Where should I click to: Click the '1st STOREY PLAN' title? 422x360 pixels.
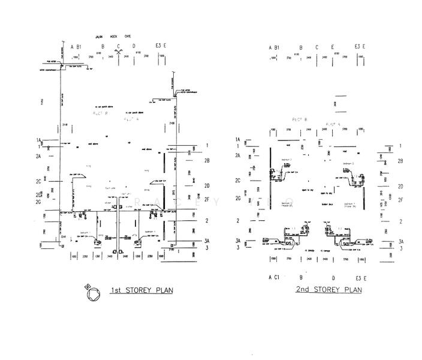141,291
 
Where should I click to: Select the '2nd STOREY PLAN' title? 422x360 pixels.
329,290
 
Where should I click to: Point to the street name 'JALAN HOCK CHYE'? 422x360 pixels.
118,35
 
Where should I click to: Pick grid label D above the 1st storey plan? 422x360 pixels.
134,46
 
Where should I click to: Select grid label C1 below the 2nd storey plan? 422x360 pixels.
277,278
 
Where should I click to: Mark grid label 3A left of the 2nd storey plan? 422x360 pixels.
238,240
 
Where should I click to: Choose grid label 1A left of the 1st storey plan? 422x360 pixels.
38,140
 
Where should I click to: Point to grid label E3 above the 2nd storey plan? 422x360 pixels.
357,46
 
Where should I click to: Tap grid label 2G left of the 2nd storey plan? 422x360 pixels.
238,198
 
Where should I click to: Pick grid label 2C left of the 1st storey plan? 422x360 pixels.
38,181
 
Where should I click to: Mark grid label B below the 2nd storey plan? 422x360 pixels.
301,278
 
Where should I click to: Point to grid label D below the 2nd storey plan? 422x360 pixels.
333,278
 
